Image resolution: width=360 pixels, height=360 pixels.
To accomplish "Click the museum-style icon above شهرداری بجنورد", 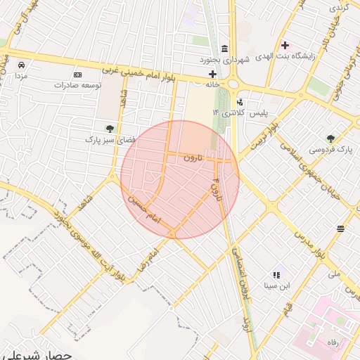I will click(224, 48).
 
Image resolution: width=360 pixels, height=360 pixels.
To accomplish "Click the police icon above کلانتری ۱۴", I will click(240, 102).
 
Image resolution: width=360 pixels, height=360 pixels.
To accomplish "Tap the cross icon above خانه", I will click(212, 74).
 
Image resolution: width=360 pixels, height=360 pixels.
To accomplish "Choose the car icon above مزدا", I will click(22, 65).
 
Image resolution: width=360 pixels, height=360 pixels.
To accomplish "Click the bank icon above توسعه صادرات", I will click(77, 75).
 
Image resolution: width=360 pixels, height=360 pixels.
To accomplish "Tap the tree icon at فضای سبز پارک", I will click(110, 128).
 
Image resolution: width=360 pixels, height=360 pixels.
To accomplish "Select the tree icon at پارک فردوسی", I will click(330, 138).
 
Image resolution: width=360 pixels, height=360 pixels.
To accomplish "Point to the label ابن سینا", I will click(276, 286).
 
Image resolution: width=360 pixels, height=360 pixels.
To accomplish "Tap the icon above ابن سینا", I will click(276, 275).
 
